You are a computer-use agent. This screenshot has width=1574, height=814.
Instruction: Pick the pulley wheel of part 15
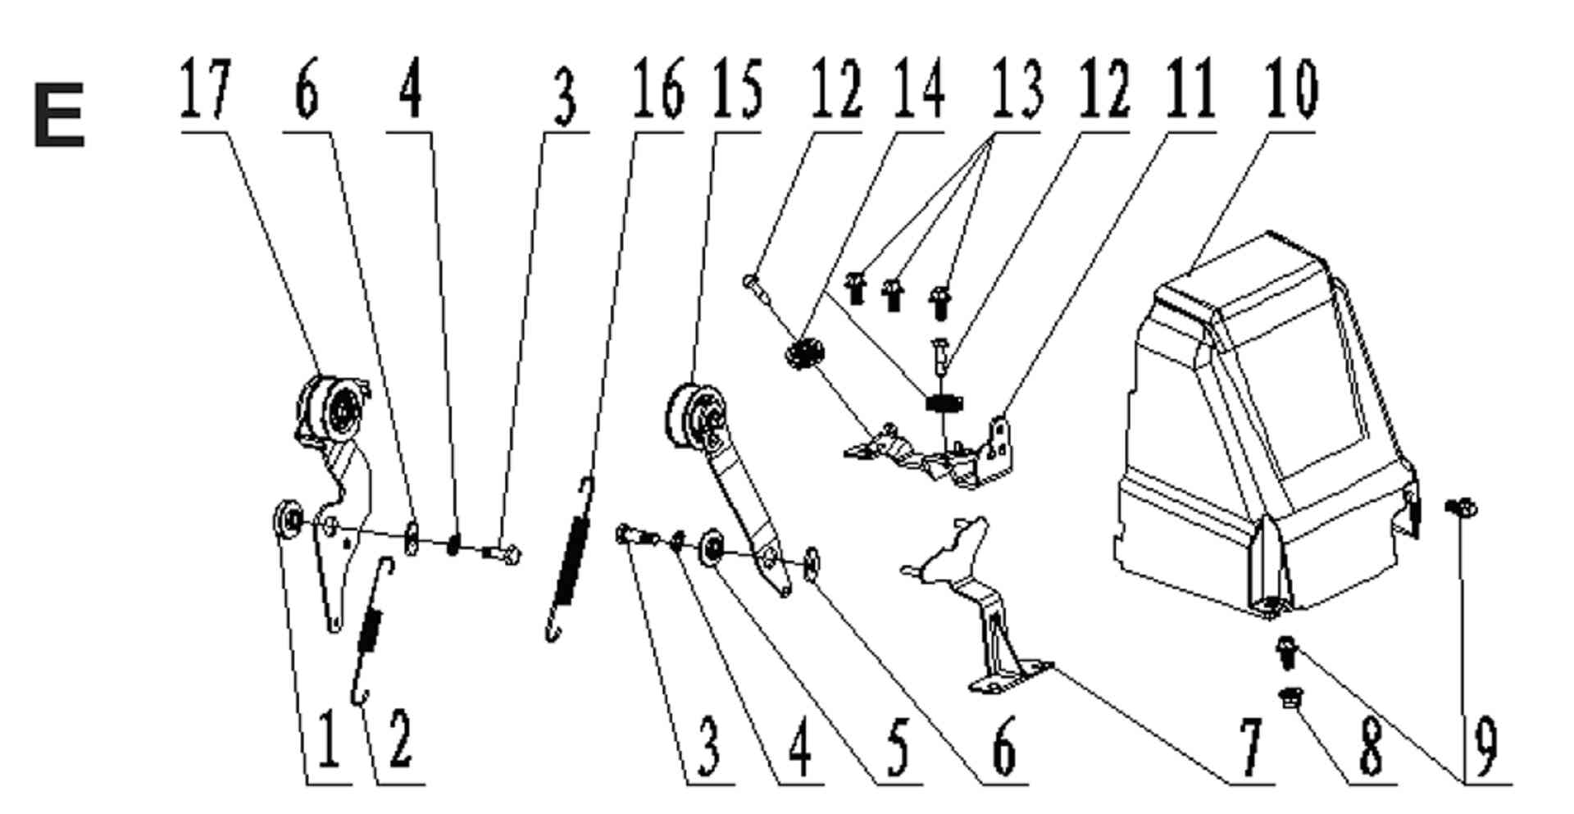[697, 418]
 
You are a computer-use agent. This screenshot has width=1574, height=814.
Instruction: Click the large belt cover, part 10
[1262, 426]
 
